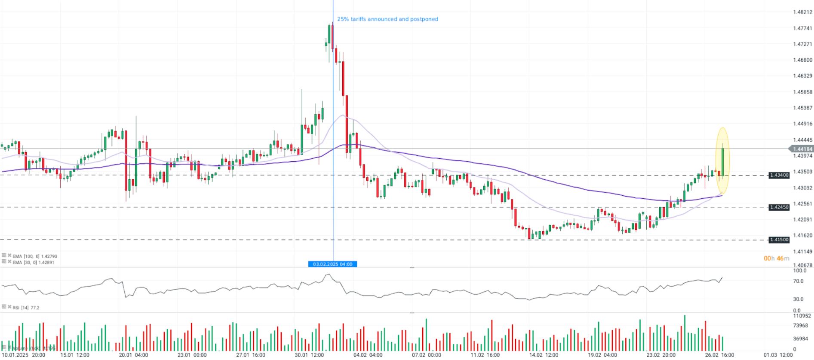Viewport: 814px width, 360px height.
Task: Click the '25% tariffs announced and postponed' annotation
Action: (387, 19)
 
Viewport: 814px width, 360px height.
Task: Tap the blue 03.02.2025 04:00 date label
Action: (332, 264)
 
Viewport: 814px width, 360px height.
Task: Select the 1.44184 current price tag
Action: (802, 149)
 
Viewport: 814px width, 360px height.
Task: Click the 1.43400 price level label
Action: (779, 175)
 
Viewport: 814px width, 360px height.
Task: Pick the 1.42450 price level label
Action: (779, 207)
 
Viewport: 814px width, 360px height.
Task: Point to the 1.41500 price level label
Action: (779, 240)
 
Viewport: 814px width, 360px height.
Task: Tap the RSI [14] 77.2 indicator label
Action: (26, 308)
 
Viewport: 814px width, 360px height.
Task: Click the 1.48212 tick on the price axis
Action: (802, 12)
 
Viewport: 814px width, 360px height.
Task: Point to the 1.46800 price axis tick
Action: (802, 60)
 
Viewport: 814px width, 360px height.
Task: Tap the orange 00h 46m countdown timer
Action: (776, 258)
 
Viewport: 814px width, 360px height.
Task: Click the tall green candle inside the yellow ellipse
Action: (723, 162)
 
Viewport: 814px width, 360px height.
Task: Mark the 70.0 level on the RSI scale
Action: (798, 281)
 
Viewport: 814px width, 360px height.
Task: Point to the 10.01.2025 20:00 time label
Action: (24, 355)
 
